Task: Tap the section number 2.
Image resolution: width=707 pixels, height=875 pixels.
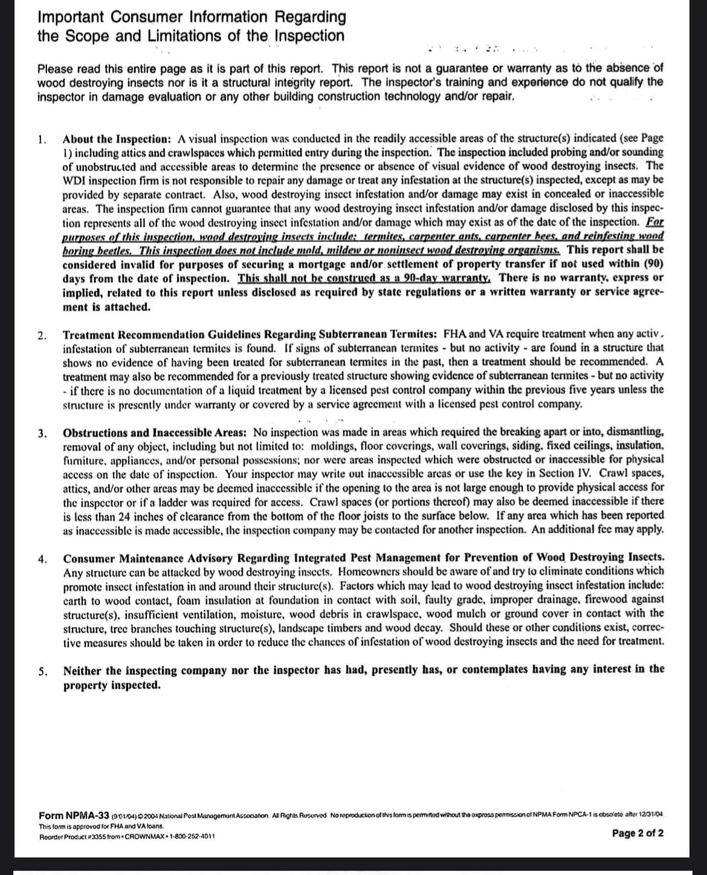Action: [41, 335]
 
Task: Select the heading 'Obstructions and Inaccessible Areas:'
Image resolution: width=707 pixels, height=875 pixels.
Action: [155, 433]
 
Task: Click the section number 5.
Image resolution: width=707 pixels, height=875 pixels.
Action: [42, 671]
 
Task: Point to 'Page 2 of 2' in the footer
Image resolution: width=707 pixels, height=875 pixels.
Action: [638, 833]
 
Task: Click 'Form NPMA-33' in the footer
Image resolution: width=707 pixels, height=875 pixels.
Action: [74, 815]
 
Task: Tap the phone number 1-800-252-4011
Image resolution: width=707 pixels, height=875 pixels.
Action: [191, 836]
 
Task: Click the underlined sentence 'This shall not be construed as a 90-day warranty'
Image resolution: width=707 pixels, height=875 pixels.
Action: [364, 278]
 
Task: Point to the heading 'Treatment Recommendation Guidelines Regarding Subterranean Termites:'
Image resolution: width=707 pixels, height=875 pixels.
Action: [250, 334]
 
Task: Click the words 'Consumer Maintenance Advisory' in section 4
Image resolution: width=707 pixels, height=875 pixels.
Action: [141, 558]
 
